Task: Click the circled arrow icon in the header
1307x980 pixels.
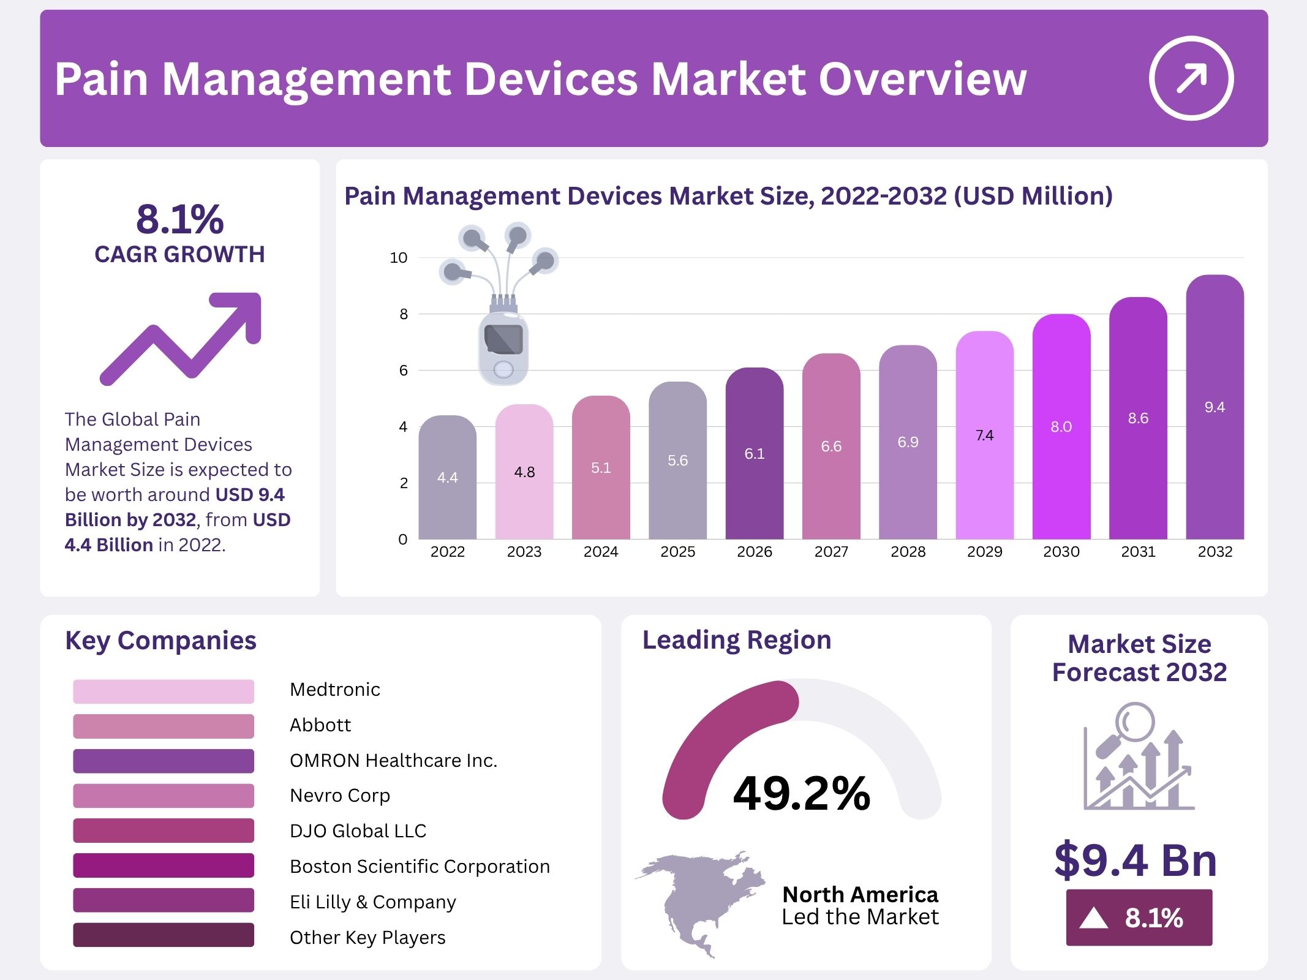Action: (1191, 78)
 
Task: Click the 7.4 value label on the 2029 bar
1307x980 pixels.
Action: (984, 435)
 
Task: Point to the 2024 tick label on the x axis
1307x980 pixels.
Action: (600, 552)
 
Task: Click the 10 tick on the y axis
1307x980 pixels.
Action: (399, 258)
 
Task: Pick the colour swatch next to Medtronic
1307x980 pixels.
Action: (163, 691)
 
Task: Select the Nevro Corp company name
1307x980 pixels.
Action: (339, 795)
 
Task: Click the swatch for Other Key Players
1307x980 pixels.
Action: (163, 935)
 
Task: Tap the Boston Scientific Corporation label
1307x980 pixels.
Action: (420, 866)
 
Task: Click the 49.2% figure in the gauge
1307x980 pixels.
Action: (801, 793)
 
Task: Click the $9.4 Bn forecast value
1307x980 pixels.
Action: (1136, 860)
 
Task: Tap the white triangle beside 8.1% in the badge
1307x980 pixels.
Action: (1093, 918)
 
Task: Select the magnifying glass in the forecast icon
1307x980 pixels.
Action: (1134, 723)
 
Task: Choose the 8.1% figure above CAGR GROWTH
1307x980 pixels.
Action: (179, 219)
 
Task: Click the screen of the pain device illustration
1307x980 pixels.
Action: (503, 339)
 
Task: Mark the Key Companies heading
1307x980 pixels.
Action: (160, 640)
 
